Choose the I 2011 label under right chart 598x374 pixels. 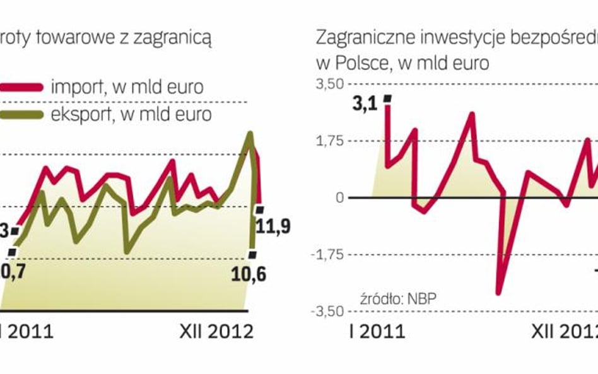377,331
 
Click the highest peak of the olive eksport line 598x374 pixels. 250,134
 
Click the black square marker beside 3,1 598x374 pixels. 387,98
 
